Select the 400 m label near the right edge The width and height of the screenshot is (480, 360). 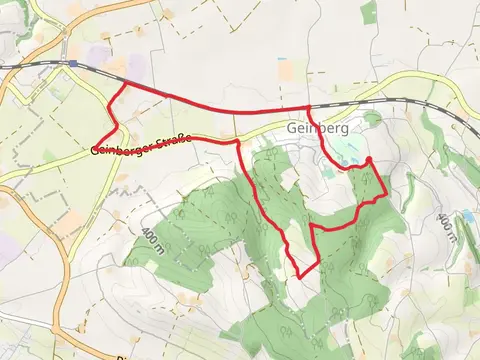446,228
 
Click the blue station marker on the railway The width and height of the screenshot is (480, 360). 73,63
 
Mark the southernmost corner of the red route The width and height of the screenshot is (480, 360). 301,277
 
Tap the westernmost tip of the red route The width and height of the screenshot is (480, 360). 98,144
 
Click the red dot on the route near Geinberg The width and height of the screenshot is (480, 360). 369,160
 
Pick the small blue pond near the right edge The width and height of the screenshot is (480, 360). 468,215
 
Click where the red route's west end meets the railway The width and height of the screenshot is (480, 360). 123,84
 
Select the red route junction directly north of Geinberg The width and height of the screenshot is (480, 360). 308,107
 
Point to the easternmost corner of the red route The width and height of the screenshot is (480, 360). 387,196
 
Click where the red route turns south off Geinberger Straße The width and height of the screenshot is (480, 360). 238,143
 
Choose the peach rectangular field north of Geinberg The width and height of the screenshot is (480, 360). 287,72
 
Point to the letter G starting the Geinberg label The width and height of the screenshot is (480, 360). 291,129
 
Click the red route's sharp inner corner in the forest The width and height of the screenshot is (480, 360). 312,228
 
